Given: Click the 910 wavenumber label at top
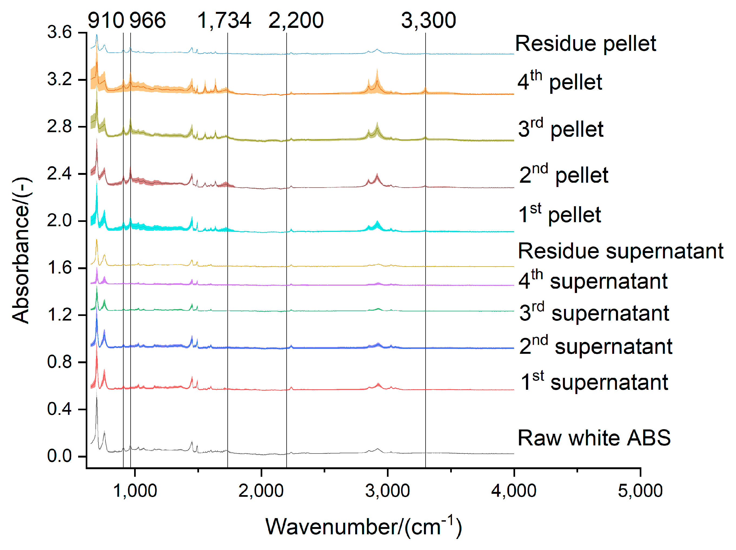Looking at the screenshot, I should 106,20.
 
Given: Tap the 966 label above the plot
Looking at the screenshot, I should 147,20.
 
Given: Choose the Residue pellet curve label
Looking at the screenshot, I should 585,44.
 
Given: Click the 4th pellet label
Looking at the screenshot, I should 560,81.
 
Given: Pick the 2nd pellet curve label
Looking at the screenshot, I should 564,175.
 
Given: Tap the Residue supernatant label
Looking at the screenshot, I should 621,251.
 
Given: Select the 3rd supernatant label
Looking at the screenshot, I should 594,313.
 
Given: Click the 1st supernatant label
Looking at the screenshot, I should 594,382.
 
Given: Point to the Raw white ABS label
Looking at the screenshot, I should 594,438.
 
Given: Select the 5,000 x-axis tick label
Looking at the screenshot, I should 640,491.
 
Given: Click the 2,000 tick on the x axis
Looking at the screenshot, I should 261,491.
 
